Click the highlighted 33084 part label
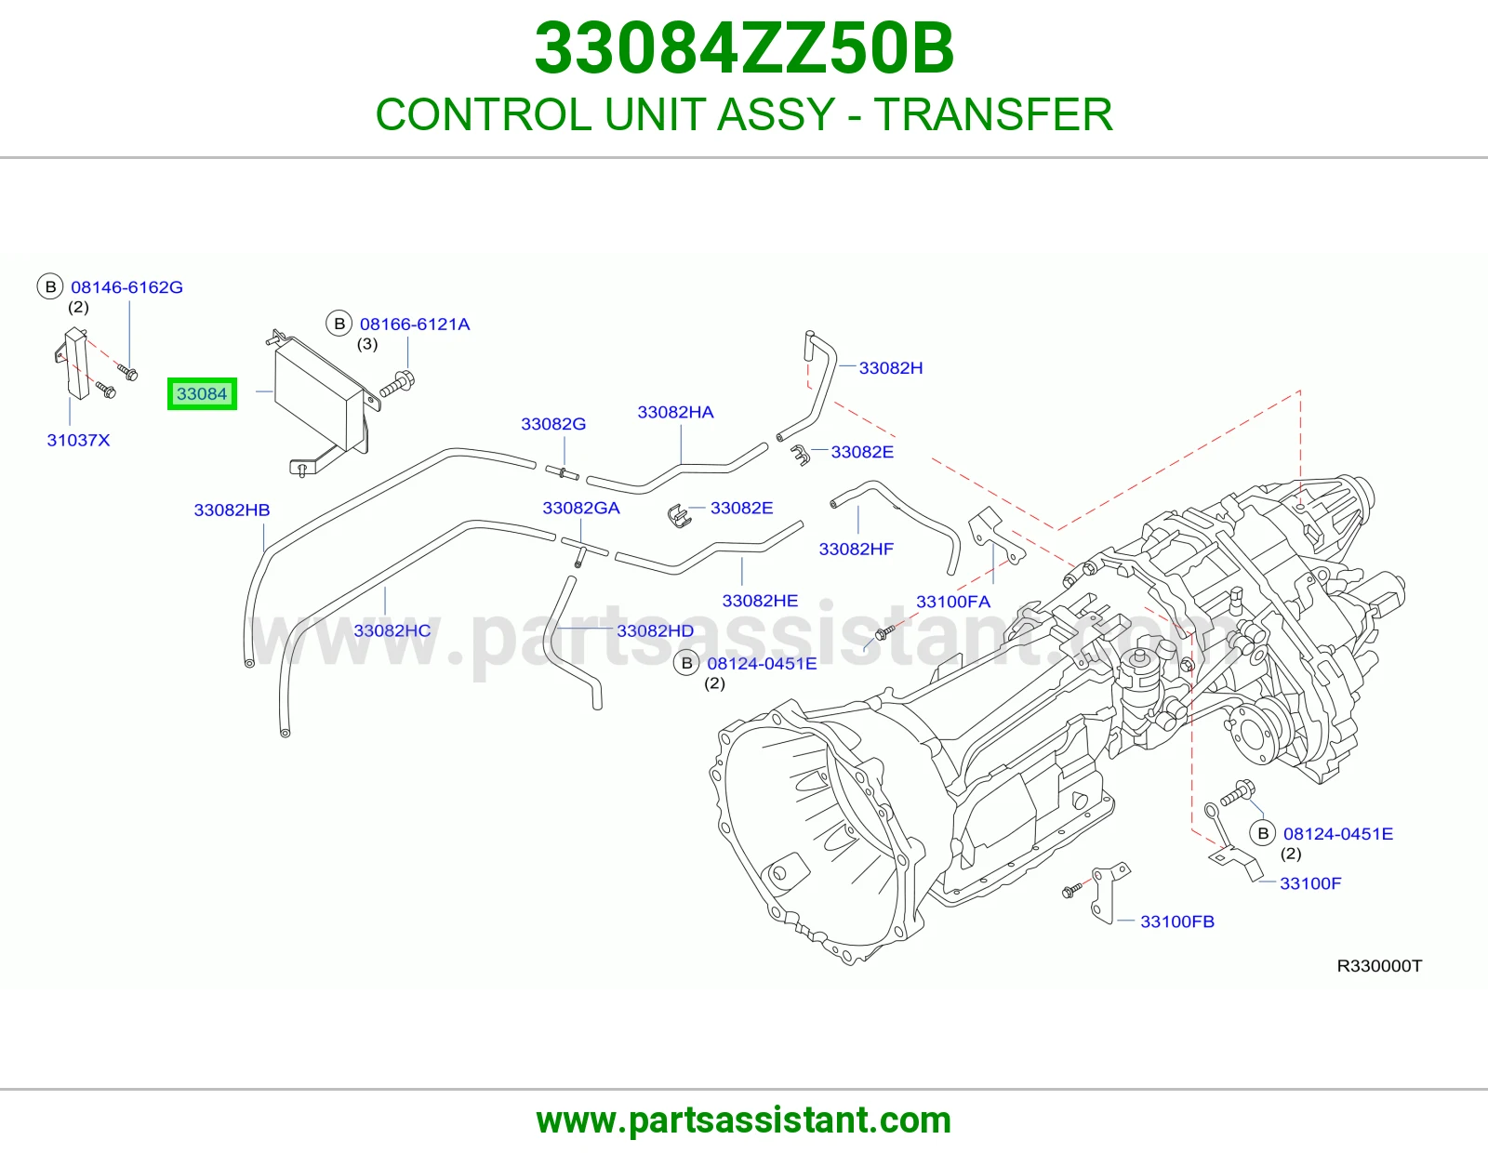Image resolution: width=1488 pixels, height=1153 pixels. [202, 393]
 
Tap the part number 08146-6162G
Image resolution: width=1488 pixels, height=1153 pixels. [126, 287]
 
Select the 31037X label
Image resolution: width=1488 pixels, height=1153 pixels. [78, 440]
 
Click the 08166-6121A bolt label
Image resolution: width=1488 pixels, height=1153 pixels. [415, 325]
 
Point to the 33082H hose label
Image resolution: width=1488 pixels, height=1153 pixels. [891, 368]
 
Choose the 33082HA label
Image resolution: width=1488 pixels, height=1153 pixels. [676, 412]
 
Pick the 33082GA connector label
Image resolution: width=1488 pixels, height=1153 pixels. [581, 508]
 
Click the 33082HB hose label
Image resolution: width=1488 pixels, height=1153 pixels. [232, 510]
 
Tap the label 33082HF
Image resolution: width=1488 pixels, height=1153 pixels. [857, 550]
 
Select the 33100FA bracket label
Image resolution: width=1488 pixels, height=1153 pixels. [953, 602]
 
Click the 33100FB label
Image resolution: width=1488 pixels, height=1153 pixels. [1177, 921]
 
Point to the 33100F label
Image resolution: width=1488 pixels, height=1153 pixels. [1310, 883]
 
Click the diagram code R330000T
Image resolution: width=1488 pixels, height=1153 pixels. [1380, 966]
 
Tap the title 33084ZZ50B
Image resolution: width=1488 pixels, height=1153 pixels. [744, 48]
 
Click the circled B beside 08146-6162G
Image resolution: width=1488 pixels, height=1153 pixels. [50, 287]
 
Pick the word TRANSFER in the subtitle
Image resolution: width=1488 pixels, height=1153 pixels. [993, 114]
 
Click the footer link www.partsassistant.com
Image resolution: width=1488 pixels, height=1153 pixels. [744, 1120]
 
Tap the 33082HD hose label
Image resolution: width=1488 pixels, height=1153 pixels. [656, 630]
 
